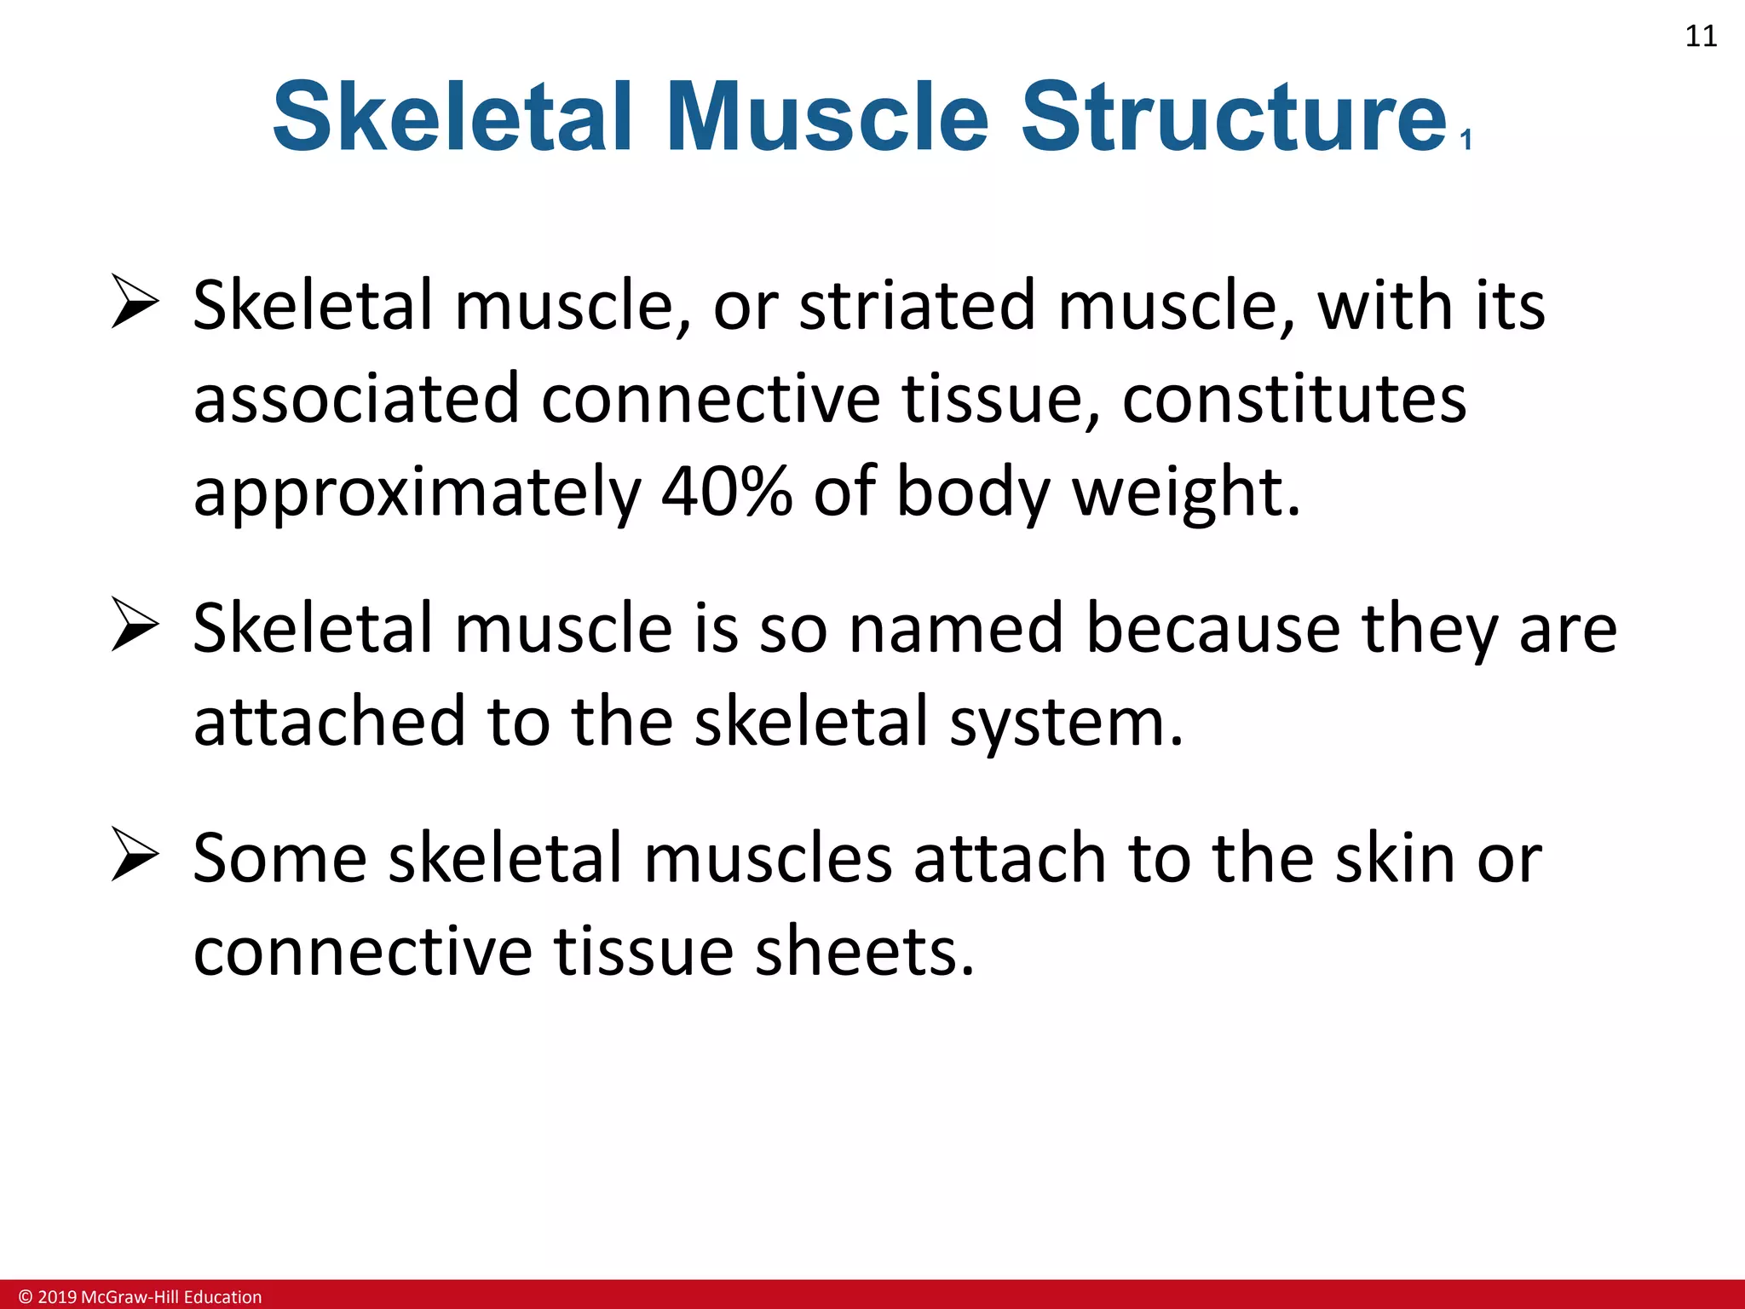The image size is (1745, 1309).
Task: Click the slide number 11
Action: point(1701,37)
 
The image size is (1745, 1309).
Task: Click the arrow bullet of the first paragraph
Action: point(135,303)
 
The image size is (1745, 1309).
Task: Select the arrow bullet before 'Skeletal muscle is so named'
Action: point(135,626)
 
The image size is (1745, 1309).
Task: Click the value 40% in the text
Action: point(726,492)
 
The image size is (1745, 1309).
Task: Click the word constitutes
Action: point(1293,399)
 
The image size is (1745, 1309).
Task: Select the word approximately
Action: point(417,493)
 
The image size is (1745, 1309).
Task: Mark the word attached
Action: point(329,721)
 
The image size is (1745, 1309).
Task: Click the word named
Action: point(956,628)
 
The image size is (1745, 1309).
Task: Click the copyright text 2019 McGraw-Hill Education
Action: point(141,1297)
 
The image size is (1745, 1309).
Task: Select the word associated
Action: point(356,399)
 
